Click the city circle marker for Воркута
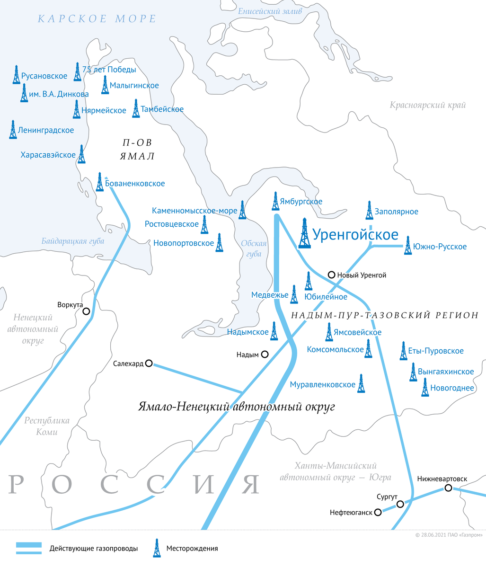click(x=86, y=311)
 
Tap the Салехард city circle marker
click(x=149, y=363)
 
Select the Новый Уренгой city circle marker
click(x=332, y=275)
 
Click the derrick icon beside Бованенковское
click(x=99, y=182)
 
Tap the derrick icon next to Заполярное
click(x=369, y=210)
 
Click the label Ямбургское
click(x=301, y=202)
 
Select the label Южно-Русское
click(x=440, y=247)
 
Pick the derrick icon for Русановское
click(x=17, y=75)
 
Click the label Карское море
click(x=97, y=19)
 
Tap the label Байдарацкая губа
click(x=72, y=241)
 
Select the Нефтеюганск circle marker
click(x=378, y=512)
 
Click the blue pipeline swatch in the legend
click(x=29, y=548)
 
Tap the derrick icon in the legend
click(x=156, y=548)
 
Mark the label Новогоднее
click(x=452, y=388)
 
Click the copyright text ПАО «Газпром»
click(x=449, y=535)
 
